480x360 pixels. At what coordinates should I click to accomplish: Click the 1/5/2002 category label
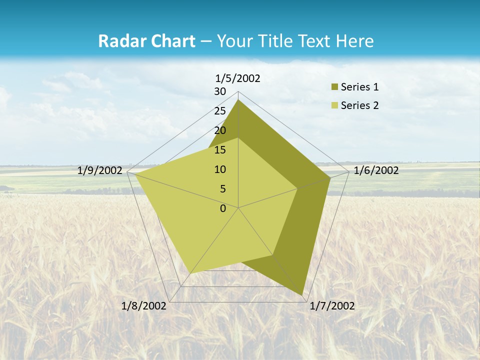(237, 78)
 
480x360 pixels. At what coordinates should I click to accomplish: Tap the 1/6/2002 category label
(376, 170)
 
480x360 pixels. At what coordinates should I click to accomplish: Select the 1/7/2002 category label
(332, 306)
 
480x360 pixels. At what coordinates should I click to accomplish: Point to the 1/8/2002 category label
(143, 306)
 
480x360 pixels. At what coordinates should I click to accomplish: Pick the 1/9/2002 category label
(100, 170)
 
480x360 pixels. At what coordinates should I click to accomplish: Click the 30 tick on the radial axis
(220, 91)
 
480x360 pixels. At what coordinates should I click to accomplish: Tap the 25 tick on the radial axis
(220, 111)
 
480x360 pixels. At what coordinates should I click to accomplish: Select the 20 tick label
(220, 130)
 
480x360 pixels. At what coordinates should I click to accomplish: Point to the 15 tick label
(220, 150)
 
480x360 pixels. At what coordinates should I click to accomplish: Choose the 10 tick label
(220, 169)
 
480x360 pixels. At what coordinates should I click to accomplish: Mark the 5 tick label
(223, 189)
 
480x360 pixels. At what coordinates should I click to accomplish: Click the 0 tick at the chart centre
(223, 208)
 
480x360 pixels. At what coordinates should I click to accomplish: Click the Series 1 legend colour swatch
(334, 87)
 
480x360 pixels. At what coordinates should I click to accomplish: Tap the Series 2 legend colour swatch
(334, 105)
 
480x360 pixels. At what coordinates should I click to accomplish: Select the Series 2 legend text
(359, 105)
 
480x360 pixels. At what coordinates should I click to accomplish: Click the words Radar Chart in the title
(146, 41)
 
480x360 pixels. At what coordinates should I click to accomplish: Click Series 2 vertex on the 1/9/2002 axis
(135, 174)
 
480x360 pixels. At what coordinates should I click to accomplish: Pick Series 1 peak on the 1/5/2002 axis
(238, 100)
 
